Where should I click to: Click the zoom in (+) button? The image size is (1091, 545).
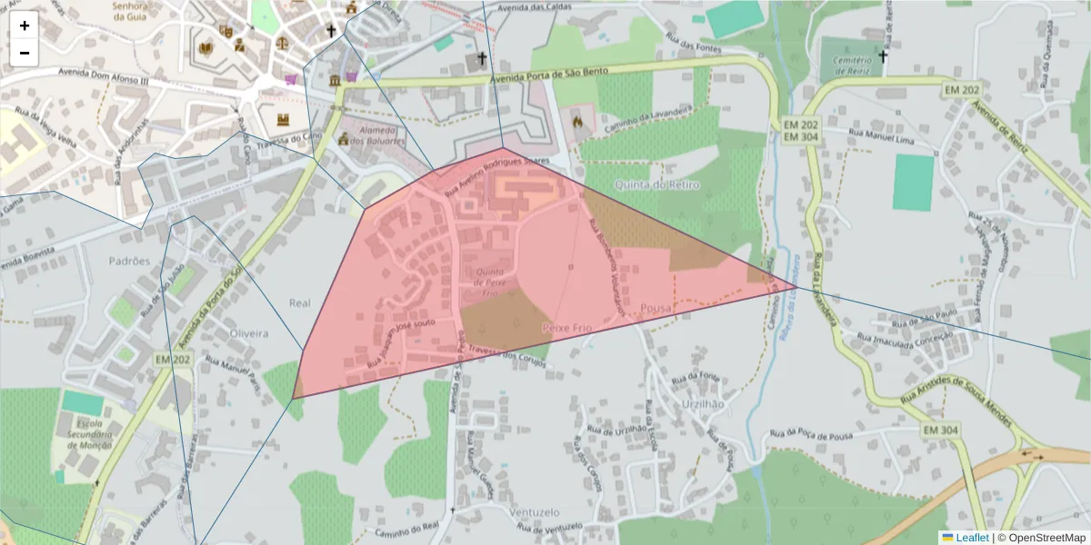pyautogui.click(x=25, y=25)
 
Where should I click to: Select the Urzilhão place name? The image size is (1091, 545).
pyautogui.click(x=701, y=403)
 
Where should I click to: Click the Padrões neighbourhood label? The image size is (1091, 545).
pyautogui.click(x=129, y=261)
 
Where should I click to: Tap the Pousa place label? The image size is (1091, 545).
pyautogui.click(x=656, y=308)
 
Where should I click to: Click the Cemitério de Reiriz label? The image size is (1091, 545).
pyautogui.click(x=846, y=64)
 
